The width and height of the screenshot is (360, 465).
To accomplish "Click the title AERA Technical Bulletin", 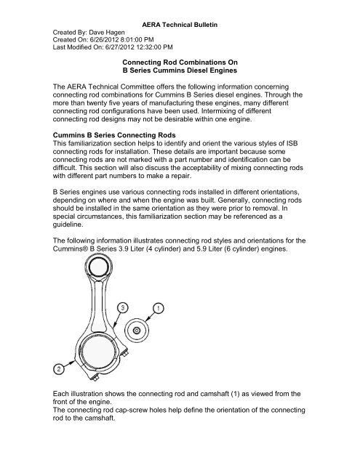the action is tap(180, 25).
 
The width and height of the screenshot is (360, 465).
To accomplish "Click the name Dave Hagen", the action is tap(107, 32).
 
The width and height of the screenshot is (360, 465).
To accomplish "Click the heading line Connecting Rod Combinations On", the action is tap(180, 62).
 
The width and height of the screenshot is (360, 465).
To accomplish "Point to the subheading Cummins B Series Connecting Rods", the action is tap(114, 135).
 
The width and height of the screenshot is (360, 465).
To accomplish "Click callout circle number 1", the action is tap(159, 308).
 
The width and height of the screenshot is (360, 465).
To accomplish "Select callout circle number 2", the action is tap(59, 369).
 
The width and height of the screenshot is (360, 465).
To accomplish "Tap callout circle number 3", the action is tap(122, 308).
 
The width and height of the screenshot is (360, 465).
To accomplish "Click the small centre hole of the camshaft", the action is tap(137, 330).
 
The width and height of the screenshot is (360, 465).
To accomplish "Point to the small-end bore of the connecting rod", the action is tap(98, 267).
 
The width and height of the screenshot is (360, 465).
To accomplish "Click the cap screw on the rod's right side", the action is tap(127, 353).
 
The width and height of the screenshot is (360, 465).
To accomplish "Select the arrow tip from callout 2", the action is tap(74, 360).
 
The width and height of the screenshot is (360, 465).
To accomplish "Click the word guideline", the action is tap(68, 225).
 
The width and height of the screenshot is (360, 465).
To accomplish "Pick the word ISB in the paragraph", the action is tap(292, 144).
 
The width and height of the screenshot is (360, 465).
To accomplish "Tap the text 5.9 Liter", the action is tap(210, 248).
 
